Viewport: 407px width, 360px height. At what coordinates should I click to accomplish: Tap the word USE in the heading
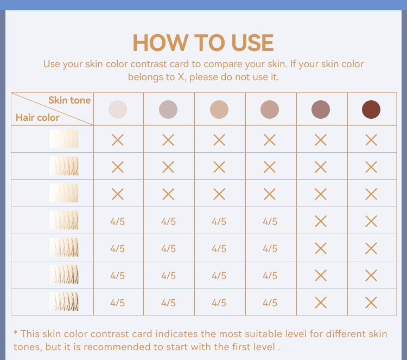point(252,43)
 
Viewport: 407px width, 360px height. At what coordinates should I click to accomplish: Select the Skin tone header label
point(69,100)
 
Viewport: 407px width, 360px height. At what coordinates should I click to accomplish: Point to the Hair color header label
point(37,118)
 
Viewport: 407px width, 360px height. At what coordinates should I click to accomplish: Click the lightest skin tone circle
point(118,110)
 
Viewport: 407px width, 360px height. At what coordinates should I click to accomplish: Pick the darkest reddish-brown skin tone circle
point(371,110)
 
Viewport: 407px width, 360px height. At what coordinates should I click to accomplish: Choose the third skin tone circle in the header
point(219,110)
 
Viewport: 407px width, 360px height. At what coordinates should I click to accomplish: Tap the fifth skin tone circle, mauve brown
point(321,110)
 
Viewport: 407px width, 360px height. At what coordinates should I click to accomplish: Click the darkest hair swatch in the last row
point(64,301)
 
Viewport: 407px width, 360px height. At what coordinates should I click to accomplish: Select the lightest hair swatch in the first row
point(64,139)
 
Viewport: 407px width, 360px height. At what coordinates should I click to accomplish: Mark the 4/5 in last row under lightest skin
point(117,303)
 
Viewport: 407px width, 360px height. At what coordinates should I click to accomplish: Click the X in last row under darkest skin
point(371,303)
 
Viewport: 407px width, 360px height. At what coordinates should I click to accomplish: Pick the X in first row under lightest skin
point(118,140)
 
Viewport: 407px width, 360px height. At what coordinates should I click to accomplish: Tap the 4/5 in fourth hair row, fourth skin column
point(270,222)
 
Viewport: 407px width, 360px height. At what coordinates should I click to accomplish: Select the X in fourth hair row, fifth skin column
point(321,221)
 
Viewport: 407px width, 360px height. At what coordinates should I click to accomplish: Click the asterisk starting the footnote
point(16,332)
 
